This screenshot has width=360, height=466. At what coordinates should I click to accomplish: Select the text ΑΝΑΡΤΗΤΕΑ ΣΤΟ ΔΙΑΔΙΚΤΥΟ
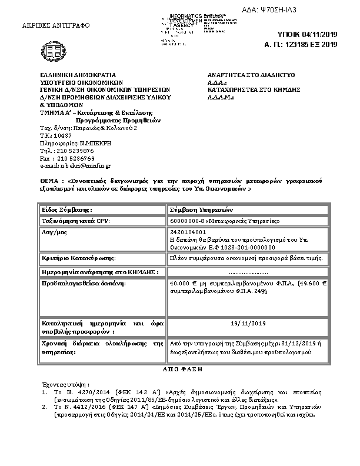pos(252,76)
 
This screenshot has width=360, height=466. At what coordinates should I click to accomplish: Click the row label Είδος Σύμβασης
pos(67,209)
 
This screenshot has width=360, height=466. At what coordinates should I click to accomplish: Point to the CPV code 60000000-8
pos(186,221)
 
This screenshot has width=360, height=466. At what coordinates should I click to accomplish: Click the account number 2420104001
pos(185,233)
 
